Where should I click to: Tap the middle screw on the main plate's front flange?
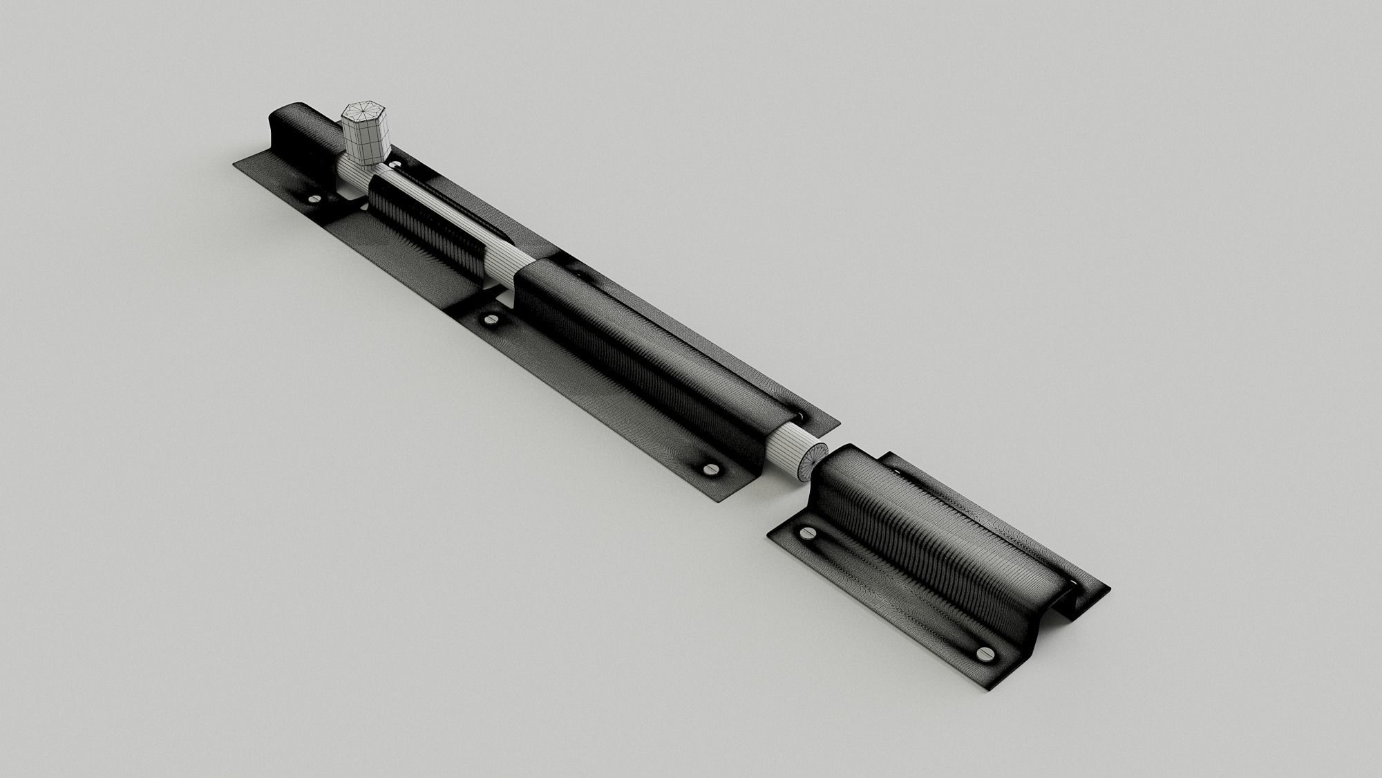click(492, 320)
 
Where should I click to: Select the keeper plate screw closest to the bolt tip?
click(807, 533)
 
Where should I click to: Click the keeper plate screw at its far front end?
click(983, 654)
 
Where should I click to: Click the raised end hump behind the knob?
click(290, 131)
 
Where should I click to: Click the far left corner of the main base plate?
click(235, 165)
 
